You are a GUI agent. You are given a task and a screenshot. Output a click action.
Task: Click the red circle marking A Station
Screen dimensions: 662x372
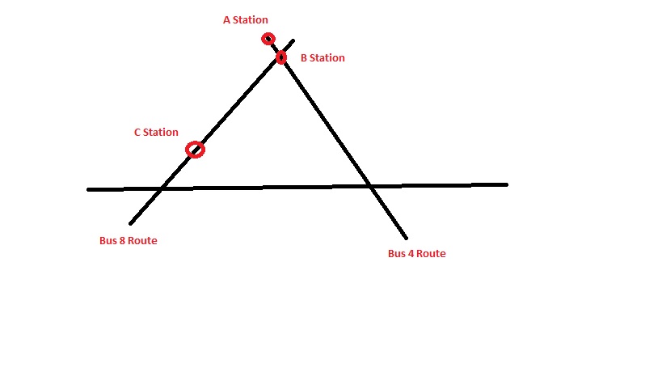click(x=268, y=39)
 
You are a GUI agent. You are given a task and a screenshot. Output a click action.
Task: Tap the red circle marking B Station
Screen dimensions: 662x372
click(x=281, y=57)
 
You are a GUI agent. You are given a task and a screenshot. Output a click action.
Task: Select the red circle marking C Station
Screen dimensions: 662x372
click(x=195, y=150)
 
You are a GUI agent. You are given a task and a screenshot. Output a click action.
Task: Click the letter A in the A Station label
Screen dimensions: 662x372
click(x=227, y=20)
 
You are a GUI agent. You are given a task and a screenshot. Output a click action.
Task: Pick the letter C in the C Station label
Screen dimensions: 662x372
click(x=137, y=133)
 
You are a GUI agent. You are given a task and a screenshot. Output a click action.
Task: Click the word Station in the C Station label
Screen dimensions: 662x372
click(x=161, y=133)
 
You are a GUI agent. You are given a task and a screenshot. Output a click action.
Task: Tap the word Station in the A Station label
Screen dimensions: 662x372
click(x=251, y=20)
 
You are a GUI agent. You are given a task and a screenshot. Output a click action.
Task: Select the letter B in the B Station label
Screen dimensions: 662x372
click(x=304, y=58)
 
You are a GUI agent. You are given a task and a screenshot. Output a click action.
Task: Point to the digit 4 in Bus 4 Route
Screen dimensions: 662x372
click(x=411, y=254)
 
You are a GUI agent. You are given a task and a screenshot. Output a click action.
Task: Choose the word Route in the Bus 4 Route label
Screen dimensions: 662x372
click(x=432, y=254)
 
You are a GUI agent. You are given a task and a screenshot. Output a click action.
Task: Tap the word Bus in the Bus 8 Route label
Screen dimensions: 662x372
click(x=106, y=240)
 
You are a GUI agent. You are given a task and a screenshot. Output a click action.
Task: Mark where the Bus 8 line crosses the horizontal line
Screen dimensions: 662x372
click(x=161, y=188)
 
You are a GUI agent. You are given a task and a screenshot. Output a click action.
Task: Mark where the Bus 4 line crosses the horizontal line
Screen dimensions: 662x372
click(x=370, y=187)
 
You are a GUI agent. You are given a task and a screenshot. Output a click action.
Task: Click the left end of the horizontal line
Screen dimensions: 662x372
click(x=89, y=189)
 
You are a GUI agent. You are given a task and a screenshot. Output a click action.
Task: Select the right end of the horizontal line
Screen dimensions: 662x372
click(x=506, y=184)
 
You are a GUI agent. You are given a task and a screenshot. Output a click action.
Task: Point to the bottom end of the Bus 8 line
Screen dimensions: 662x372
click(x=130, y=223)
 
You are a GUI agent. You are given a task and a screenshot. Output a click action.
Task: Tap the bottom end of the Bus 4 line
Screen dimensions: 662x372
click(x=406, y=238)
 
